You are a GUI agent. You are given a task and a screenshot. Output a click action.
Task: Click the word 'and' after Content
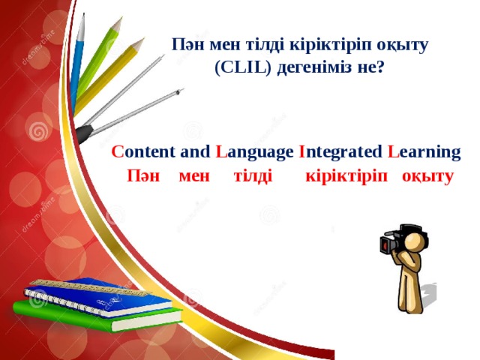tap(196, 152)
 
